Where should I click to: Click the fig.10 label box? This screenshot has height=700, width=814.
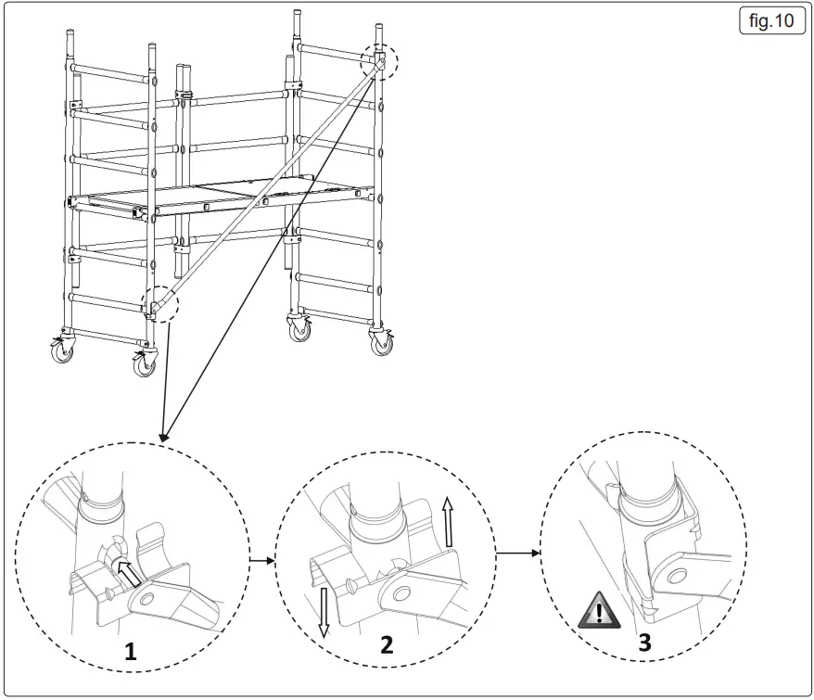771,21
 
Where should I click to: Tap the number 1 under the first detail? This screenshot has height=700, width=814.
131,652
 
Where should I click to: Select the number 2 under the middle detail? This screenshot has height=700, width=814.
387,645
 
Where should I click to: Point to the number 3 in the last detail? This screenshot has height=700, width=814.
643,642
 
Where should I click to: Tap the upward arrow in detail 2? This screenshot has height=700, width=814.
448,521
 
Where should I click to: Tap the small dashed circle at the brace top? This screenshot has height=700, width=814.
378,61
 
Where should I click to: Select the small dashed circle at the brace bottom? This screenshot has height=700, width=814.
159,303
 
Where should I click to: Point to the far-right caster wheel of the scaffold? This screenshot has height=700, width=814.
380,342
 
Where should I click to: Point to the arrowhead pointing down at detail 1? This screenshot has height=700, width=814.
164,434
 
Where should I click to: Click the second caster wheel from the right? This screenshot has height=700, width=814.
300,329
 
